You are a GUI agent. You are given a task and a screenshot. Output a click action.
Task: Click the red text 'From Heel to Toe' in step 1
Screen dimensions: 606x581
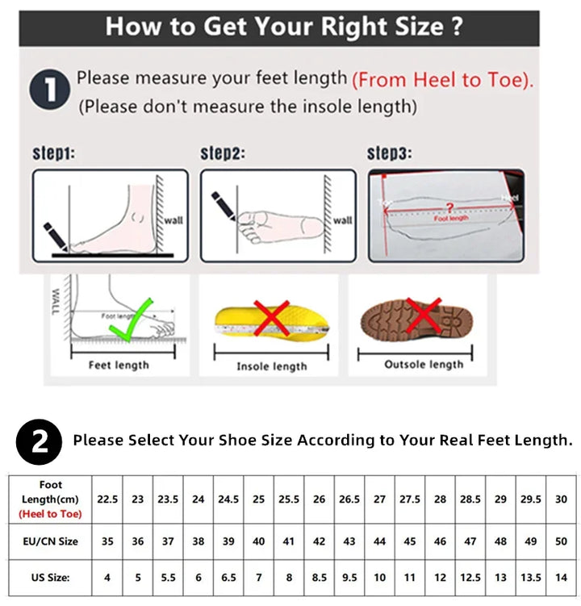[x=442, y=79]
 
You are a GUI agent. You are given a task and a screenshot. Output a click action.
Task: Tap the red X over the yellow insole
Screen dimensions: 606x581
[x=273, y=318]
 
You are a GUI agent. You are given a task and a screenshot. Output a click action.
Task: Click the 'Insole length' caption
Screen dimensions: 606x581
[x=271, y=366]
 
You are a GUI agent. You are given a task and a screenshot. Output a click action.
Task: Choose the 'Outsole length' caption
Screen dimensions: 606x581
[x=424, y=365]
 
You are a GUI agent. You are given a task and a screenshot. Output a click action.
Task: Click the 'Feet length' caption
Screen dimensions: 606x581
[x=119, y=366]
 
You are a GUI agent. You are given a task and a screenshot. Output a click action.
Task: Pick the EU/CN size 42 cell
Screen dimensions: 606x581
[x=319, y=541]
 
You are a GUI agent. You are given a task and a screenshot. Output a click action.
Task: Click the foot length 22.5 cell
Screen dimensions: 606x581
[x=107, y=500]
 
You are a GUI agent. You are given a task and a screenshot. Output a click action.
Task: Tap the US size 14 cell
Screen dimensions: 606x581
[x=561, y=578]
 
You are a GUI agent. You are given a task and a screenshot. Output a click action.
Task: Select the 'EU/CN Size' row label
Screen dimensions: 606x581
[x=51, y=541]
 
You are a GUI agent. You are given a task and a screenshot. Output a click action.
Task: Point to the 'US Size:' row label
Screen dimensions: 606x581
[x=51, y=578]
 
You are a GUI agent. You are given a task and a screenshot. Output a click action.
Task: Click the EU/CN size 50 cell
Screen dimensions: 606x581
[x=561, y=541]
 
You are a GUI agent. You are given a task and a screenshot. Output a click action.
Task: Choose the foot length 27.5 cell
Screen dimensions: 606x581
[x=410, y=500]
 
